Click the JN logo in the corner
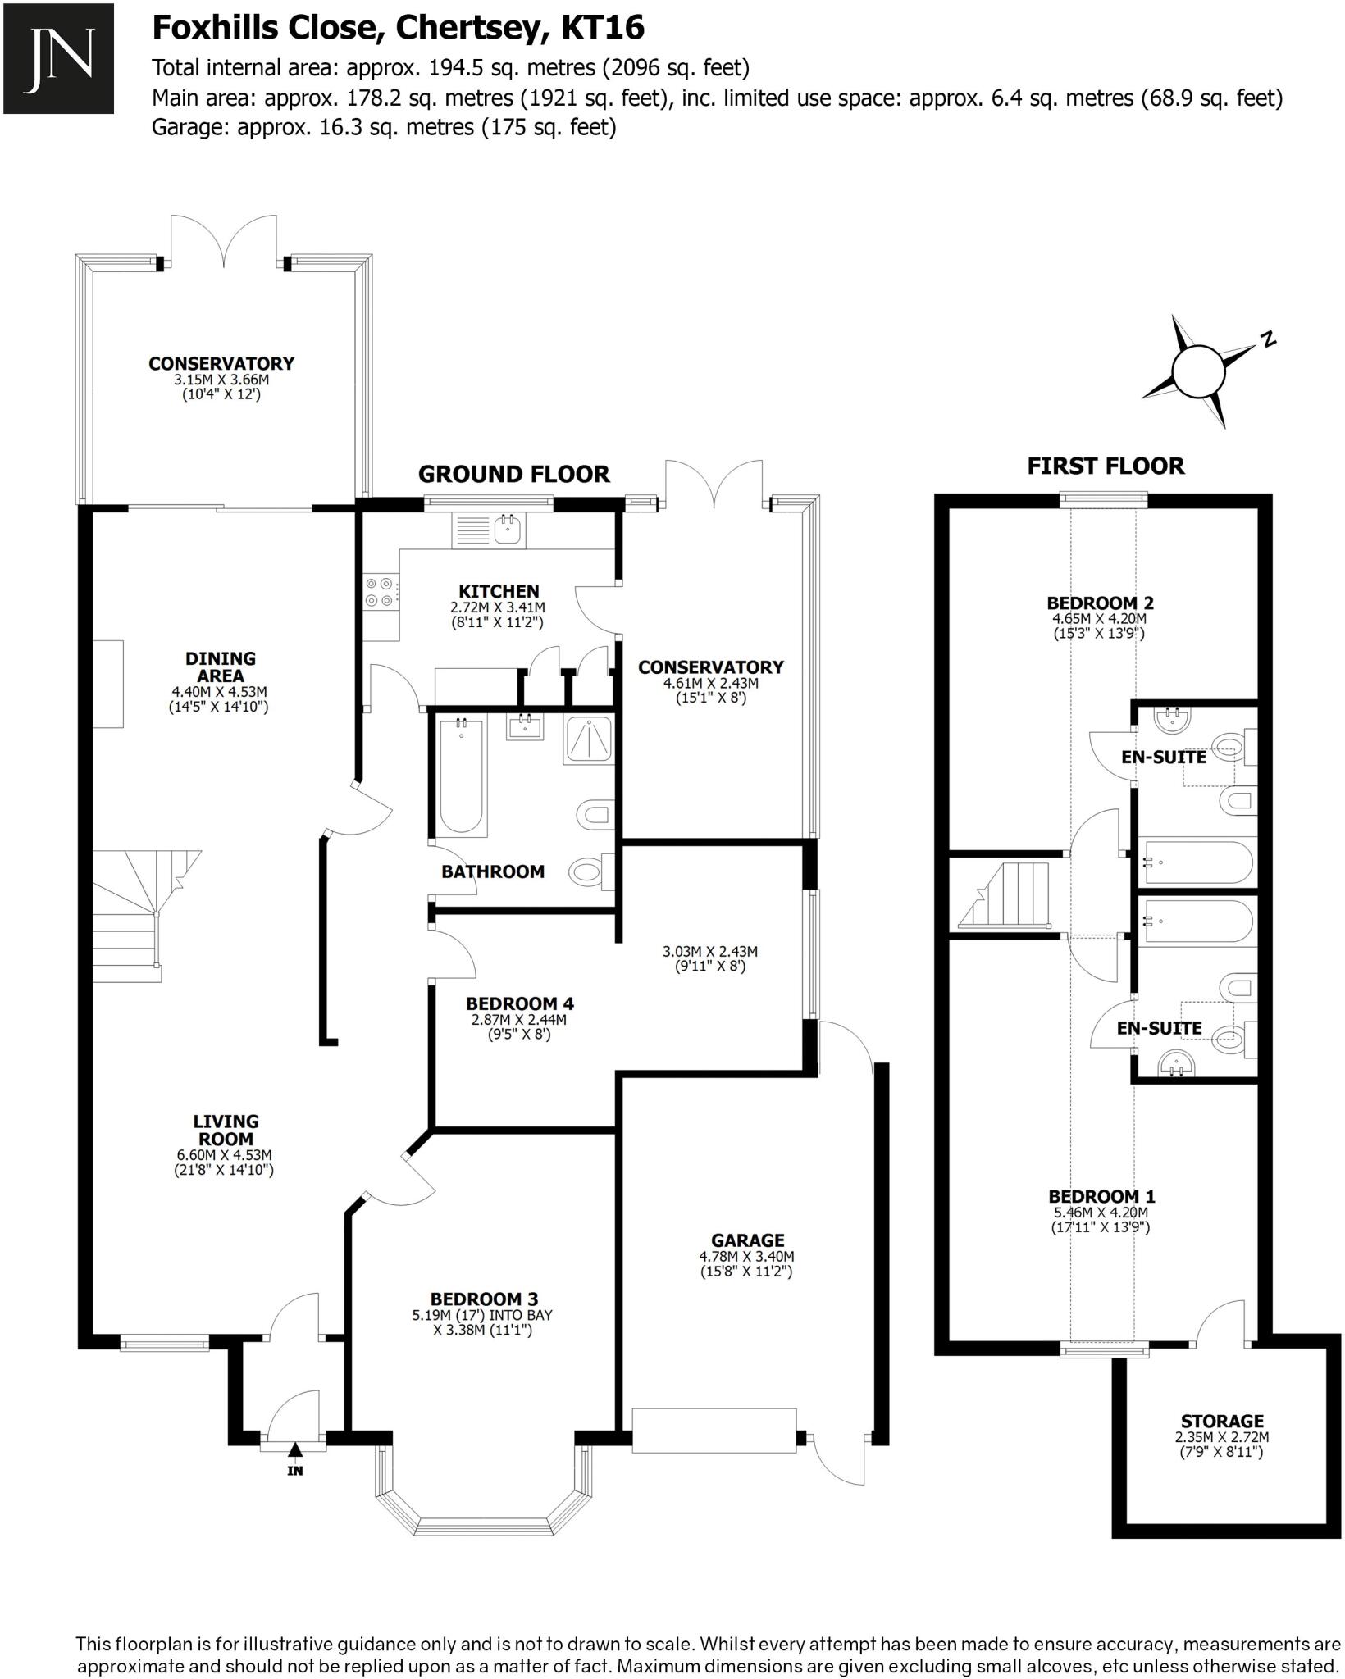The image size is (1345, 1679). point(58,58)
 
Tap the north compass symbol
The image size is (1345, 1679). point(1198,371)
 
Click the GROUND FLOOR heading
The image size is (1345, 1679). point(513,474)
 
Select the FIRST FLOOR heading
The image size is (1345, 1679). point(1106,466)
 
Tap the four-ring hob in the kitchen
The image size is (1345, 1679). point(380,592)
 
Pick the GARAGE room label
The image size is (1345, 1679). point(747,1240)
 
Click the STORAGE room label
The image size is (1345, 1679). point(1222,1421)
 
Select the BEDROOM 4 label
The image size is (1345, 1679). point(520,1003)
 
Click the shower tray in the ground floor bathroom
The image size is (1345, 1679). point(588,740)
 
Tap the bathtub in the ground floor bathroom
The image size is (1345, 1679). point(462,773)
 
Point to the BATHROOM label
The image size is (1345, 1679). point(492,871)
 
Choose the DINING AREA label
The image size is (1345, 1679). point(220,667)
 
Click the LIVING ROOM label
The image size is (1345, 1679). point(226,1130)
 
